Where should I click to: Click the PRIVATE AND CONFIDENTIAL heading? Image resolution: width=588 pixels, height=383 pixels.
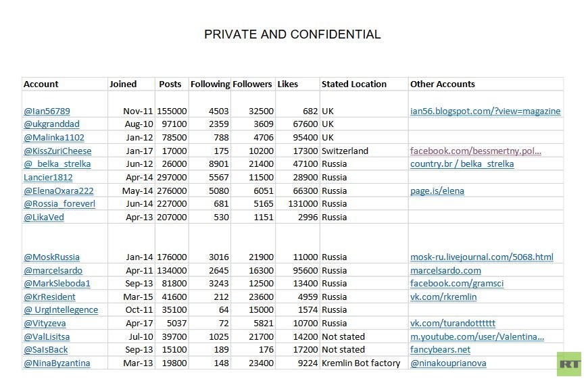[x=292, y=34]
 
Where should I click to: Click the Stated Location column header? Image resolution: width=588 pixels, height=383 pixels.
[x=353, y=84]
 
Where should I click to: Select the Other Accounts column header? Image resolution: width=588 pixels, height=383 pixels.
[x=442, y=84]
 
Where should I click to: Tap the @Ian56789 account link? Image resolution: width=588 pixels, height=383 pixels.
[x=47, y=111]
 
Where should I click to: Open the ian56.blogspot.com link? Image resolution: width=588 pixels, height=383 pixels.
[x=485, y=111]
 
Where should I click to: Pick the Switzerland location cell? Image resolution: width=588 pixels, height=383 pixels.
[x=345, y=151]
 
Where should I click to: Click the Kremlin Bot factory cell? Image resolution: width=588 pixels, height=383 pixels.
[x=361, y=363]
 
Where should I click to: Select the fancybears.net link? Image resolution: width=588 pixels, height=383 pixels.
[x=440, y=350]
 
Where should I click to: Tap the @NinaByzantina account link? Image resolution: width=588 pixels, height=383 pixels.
[x=57, y=363]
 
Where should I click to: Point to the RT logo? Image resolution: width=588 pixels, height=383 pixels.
[x=569, y=363]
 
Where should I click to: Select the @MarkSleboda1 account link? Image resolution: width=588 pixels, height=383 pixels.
[x=57, y=284]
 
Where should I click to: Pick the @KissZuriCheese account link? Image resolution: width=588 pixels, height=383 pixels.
[x=57, y=151]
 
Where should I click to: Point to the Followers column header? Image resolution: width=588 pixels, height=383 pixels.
[x=252, y=84]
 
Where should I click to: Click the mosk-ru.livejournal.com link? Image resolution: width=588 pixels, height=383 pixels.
[x=481, y=257]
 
